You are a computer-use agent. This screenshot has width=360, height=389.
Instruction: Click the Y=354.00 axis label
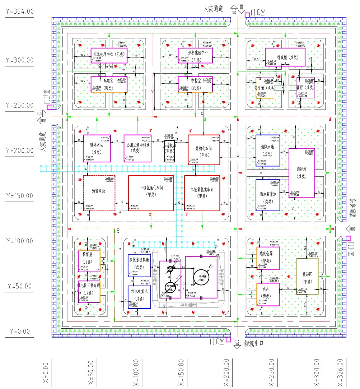click(20, 11)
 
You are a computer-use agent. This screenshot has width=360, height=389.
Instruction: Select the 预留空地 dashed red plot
click(99, 193)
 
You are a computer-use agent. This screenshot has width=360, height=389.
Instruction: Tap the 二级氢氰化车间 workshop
click(202, 193)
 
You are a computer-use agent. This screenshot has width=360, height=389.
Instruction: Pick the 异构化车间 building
click(204, 150)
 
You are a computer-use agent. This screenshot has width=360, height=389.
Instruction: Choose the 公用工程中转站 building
click(138, 148)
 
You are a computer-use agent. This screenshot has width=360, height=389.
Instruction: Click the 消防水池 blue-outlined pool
click(268, 150)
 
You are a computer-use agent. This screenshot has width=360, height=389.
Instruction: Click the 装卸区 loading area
click(307, 276)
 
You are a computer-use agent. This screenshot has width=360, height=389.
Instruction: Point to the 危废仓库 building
click(268, 258)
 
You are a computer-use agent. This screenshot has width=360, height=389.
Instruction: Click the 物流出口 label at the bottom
click(254, 343)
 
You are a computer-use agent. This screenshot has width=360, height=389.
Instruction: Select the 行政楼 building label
click(285, 57)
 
